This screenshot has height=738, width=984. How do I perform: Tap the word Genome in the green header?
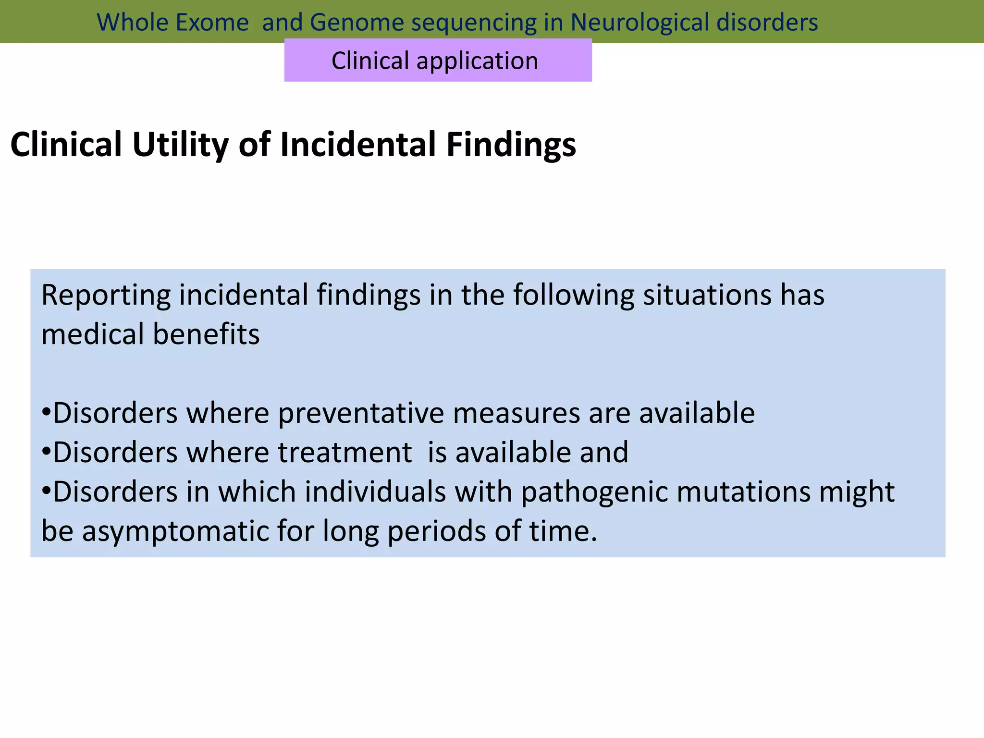(357, 23)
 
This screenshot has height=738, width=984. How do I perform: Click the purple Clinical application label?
(438, 61)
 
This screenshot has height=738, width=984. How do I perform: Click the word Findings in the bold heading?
(511, 145)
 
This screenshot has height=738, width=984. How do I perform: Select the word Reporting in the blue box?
(106, 295)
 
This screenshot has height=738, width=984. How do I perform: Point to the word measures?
(516, 413)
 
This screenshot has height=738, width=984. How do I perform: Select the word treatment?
(344, 453)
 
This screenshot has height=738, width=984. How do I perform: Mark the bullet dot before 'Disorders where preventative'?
(46, 412)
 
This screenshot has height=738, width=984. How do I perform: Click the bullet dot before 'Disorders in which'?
(46, 491)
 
